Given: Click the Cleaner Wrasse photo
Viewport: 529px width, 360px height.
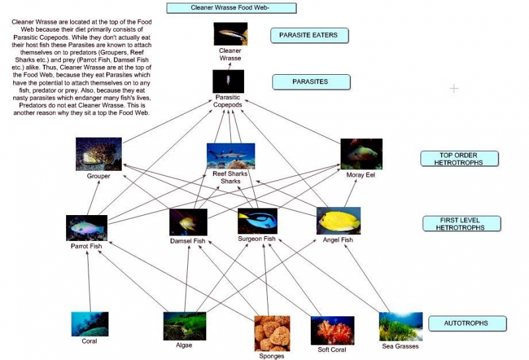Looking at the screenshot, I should pyautogui.click(x=230, y=34).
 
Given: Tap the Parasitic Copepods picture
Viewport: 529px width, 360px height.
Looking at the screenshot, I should pyautogui.click(x=228, y=81).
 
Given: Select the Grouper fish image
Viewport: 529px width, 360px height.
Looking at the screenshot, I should pyautogui.click(x=99, y=154).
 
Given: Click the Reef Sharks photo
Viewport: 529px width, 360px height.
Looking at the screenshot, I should pyautogui.click(x=230, y=156).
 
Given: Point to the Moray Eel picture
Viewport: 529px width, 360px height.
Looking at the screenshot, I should pyautogui.click(x=361, y=154).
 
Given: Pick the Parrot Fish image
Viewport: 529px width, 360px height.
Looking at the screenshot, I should pyautogui.click(x=87, y=228).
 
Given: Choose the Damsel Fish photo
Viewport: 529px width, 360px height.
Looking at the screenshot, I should pyautogui.click(x=188, y=222).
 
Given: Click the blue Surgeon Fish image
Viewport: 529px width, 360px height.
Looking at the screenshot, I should pyautogui.click(x=257, y=221).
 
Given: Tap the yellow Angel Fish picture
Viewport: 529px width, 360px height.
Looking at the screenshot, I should pyautogui.click(x=338, y=220).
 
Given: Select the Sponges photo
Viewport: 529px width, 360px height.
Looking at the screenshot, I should pyautogui.click(x=272, y=333).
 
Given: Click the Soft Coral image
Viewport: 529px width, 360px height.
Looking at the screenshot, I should pyautogui.click(x=332, y=330).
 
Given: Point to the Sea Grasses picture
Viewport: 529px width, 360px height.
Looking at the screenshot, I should pyautogui.click(x=401, y=326).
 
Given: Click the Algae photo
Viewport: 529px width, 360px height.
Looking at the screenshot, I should pyautogui.click(x=184, y=326).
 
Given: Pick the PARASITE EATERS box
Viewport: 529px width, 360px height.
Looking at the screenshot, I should pyautogui.click(x=309, y=36).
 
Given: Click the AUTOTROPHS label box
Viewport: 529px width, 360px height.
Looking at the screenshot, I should pyautogui.click(x=468, y=324).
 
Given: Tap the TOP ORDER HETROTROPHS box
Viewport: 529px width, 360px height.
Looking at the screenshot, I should pyautogui.click(x=459, y=159).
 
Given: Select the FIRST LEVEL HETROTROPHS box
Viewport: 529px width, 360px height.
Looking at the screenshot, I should pyautogui.click(x=460, y=224).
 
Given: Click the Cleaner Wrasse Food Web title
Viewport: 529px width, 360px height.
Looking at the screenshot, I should pyautogui.click(x=231, y=9).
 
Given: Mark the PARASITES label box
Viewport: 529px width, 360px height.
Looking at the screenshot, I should pyautogui.click(x=310, y=82).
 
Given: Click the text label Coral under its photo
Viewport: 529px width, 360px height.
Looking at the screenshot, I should pyautogui.click(x=89, y=341).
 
